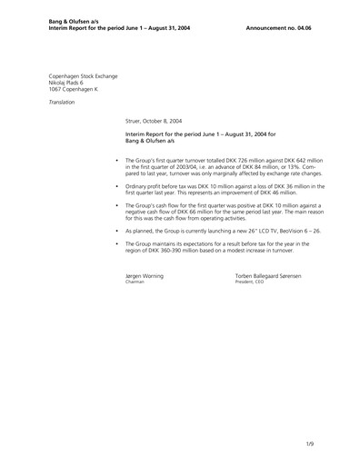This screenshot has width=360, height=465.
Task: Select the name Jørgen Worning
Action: (145, 274)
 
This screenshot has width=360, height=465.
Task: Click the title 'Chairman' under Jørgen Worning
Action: (135, 282)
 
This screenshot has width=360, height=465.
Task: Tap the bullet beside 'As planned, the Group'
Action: (118, 232)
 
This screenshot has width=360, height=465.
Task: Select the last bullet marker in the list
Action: (118, 245)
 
